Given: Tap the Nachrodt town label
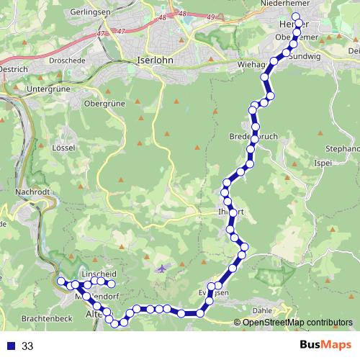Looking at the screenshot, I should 31,192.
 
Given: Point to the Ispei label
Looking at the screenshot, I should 322,163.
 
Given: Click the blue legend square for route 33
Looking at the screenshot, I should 11,346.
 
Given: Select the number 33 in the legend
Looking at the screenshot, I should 28,346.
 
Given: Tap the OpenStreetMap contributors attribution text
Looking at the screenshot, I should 297,322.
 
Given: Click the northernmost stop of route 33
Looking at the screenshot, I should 296,17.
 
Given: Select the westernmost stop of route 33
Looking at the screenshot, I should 61,281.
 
